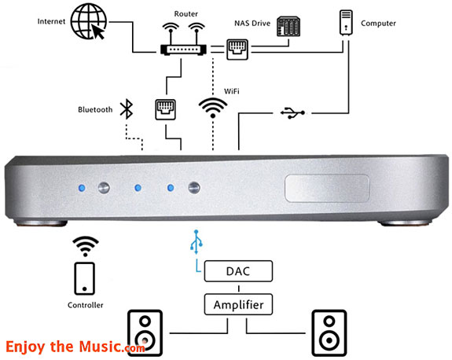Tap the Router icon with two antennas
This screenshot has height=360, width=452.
point(182,41)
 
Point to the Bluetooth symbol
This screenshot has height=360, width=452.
point(126,109)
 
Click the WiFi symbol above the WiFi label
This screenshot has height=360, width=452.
point(212,106)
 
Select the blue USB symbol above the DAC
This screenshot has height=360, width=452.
point(197,241)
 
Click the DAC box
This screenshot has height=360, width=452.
point(238,272)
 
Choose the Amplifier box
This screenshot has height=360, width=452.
point(238,304)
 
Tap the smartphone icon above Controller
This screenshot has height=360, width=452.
point(85,277)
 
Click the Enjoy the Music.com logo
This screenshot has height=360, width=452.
point(75,346)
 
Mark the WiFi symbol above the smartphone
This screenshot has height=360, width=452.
point(85,244)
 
